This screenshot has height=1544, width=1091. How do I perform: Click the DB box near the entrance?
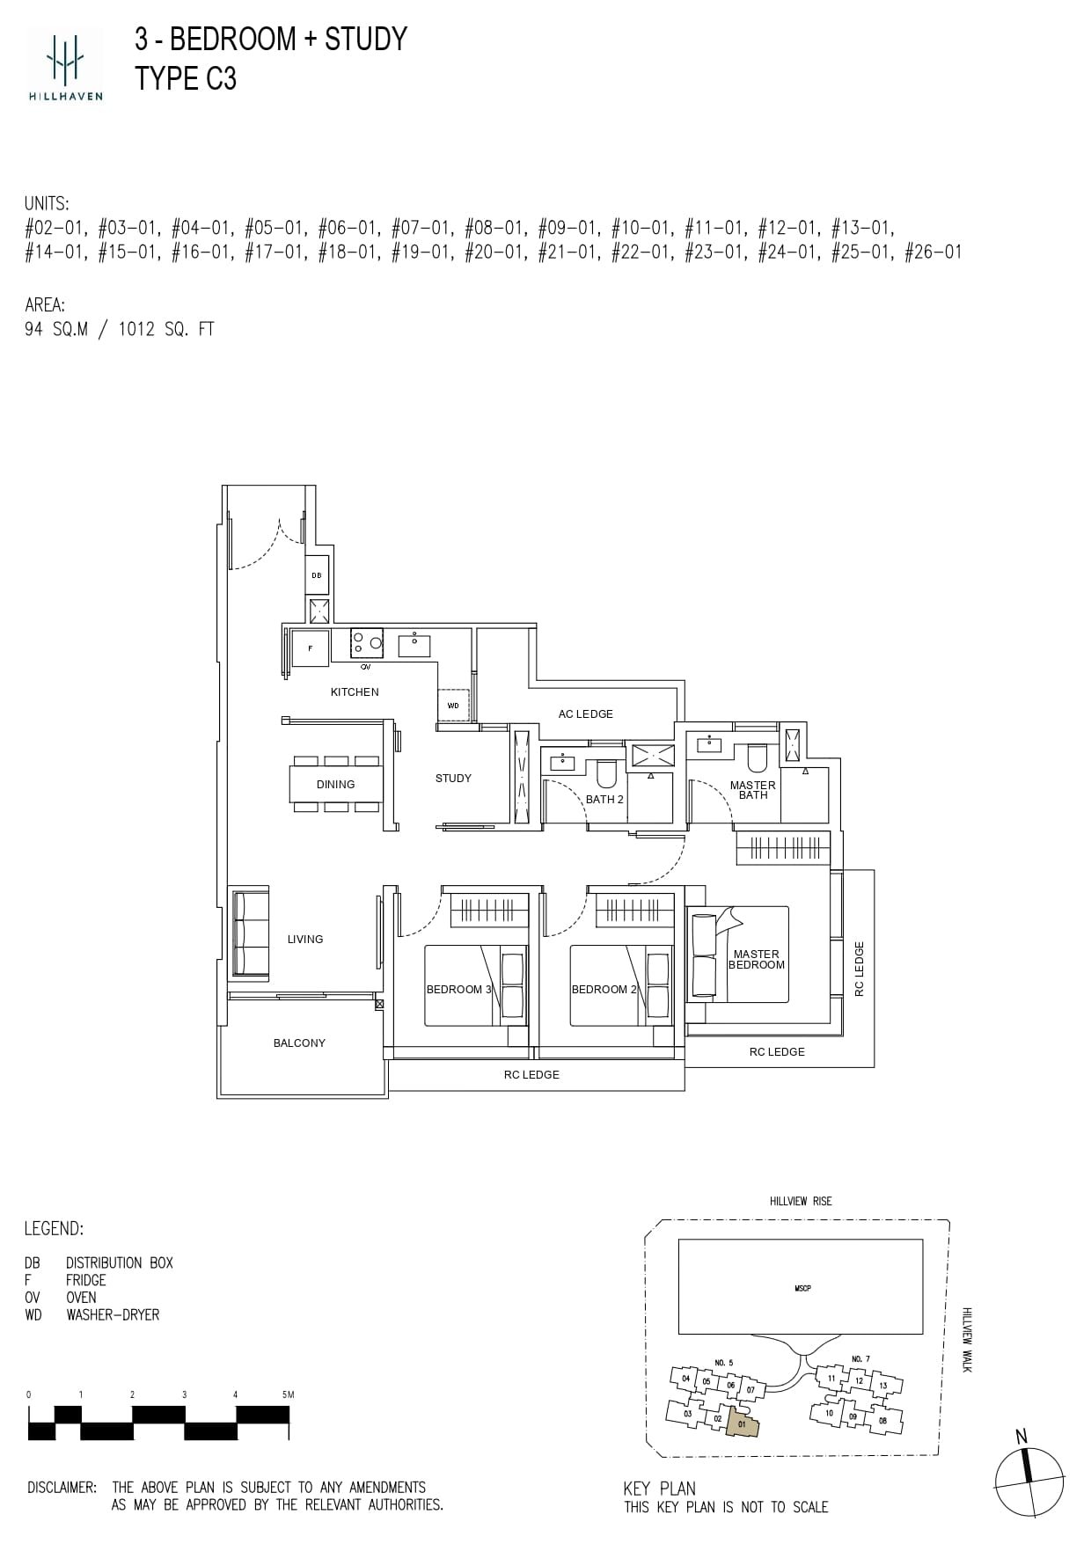(x=317, y=575)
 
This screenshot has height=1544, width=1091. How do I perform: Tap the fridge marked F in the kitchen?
(x=310, y=648)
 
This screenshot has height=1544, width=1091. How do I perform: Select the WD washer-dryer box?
(x=453, y=706)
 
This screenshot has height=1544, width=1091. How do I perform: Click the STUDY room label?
(x=453, y=778)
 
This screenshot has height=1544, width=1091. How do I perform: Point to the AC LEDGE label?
(x=585, y=713)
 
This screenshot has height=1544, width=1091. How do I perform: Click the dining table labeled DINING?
(x=335, y=784)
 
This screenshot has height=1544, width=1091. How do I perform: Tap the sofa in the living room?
(x=249, y=933)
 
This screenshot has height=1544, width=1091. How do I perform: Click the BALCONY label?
(x=299, y=1043)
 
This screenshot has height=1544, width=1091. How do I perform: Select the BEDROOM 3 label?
(x=458, y=989)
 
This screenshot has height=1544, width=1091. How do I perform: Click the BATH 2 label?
(x=604, y=799)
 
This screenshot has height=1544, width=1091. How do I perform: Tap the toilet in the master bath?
(x=758, y=757)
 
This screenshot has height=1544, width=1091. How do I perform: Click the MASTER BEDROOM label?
(x=756, y=959)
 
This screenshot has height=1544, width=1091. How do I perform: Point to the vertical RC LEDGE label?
(x=860, y=969)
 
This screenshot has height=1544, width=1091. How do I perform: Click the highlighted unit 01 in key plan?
(x=742, y=1423)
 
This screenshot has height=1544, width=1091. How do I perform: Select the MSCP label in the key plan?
(x=802, y=1288)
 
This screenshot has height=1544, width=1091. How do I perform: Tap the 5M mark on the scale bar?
(x=287, y=1394)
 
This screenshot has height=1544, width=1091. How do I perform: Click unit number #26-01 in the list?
(x=934, y=252)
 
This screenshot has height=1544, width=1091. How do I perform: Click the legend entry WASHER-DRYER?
(x=113, y=1314)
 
